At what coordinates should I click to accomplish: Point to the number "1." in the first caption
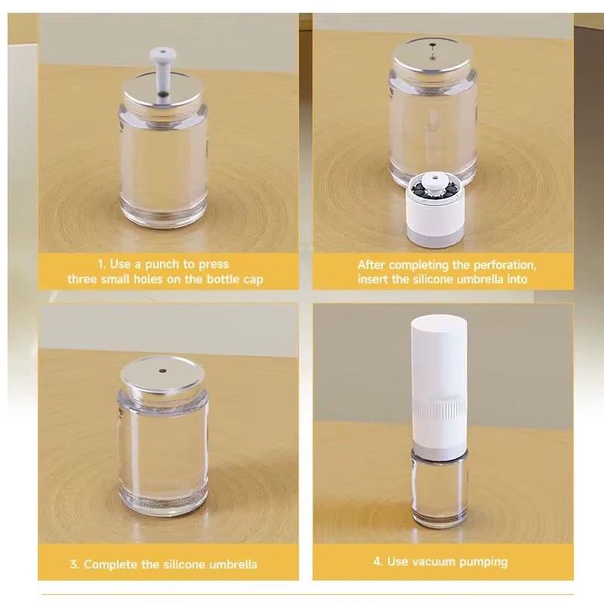[x=102, y=264]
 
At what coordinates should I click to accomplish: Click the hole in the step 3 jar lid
[x=164, y=371]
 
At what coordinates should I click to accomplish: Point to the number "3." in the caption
[x=75, y=564]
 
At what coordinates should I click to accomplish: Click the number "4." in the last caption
[x=378, y=561]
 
